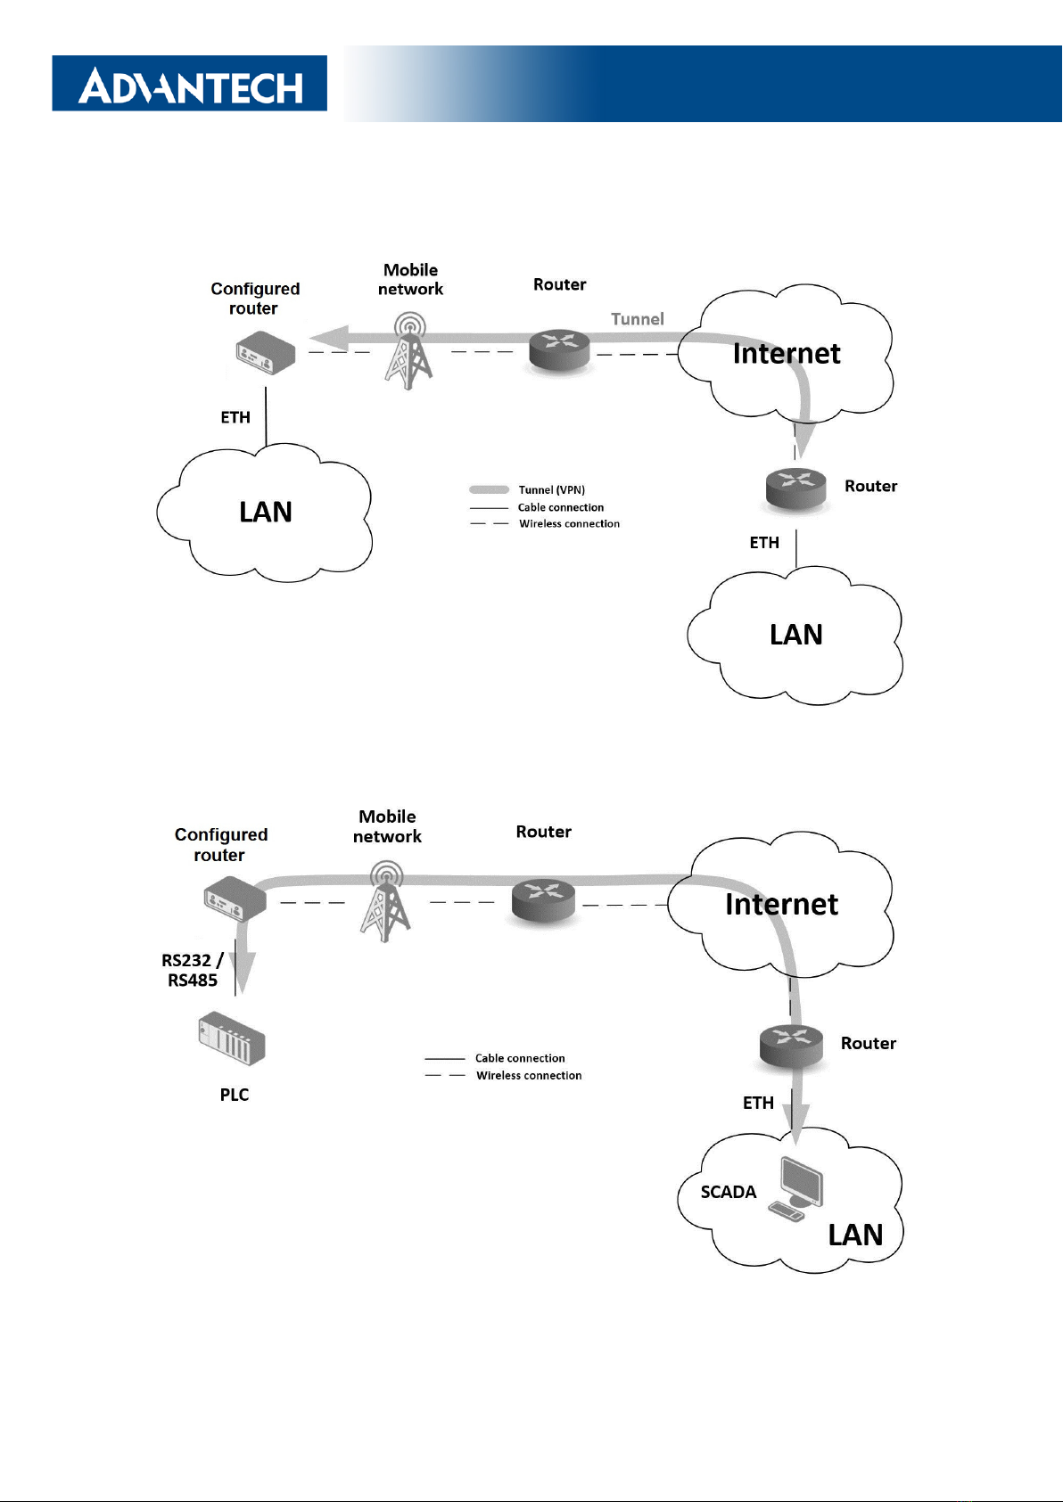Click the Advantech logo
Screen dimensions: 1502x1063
point(190,84)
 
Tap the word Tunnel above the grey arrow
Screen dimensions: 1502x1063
point(638,319)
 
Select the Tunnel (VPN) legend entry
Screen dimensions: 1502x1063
point(551,489)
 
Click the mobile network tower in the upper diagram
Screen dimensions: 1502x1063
point(409,351)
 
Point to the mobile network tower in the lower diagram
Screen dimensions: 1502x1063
point(385,901)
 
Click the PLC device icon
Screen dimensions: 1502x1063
point(232,1038)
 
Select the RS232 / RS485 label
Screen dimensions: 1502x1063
point(192,970)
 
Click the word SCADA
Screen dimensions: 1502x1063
point(729,1193)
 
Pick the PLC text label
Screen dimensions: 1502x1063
point(235,1095)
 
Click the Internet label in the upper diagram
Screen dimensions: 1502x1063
point(787,354)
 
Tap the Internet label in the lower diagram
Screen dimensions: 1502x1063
point(781,905)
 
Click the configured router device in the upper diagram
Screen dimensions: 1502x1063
point(265,353)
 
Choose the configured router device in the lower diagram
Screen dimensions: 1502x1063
point(235,899)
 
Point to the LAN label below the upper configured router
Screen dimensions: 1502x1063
point(266,513)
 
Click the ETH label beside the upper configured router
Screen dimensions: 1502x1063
point(235,417)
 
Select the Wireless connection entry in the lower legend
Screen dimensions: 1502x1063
point(528,1076)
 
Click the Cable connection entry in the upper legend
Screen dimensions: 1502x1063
point(560,507)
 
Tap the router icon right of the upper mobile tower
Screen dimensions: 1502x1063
point(559,350)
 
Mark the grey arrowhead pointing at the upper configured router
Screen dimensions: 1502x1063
point(328,338)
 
